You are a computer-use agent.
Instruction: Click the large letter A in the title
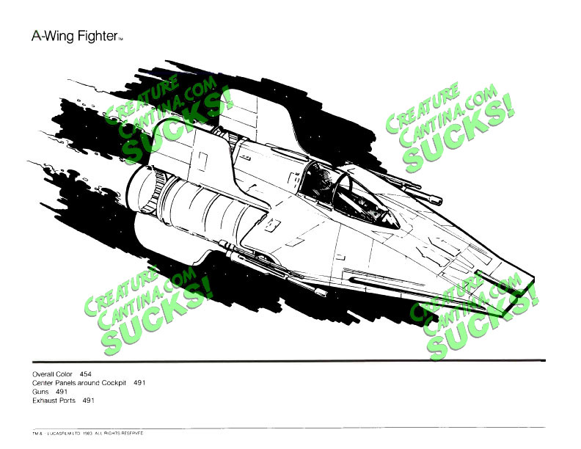tap(36, 35)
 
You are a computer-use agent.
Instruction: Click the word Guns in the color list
tap(40, 392)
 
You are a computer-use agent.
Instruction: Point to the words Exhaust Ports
tap(54, 401)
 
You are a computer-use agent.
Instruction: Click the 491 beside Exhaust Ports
tap(89, 401)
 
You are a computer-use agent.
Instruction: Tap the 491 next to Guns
tap(62, 392)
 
